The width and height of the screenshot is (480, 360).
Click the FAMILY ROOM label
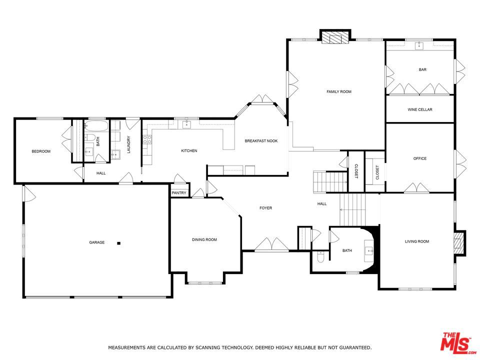[x=339, y=91]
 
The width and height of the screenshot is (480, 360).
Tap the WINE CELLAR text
[x=419, y=109]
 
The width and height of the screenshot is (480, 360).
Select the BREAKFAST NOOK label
[x=261, y=141]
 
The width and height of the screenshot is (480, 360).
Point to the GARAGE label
[x=97, y=242]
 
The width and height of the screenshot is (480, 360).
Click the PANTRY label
[x=179, y=193]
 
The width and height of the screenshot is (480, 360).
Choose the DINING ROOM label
[x=204, y=240]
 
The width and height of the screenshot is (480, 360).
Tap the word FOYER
[x=265, y=208]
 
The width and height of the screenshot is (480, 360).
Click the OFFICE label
[x=419, y=158]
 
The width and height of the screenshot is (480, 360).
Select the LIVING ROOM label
[x=417, y=241]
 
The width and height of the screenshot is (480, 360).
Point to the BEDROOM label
[x=41, y=151]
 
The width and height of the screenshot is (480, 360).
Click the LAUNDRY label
[x=128, y=144]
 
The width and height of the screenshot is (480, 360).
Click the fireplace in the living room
[x=459, y=243]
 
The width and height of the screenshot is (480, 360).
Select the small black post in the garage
[x=119, y=243]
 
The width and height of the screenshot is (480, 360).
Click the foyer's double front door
[x=271, y=244]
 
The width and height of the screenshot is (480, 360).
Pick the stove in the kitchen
[x=147, y=139]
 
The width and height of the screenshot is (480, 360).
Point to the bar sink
[x=419, y=46]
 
